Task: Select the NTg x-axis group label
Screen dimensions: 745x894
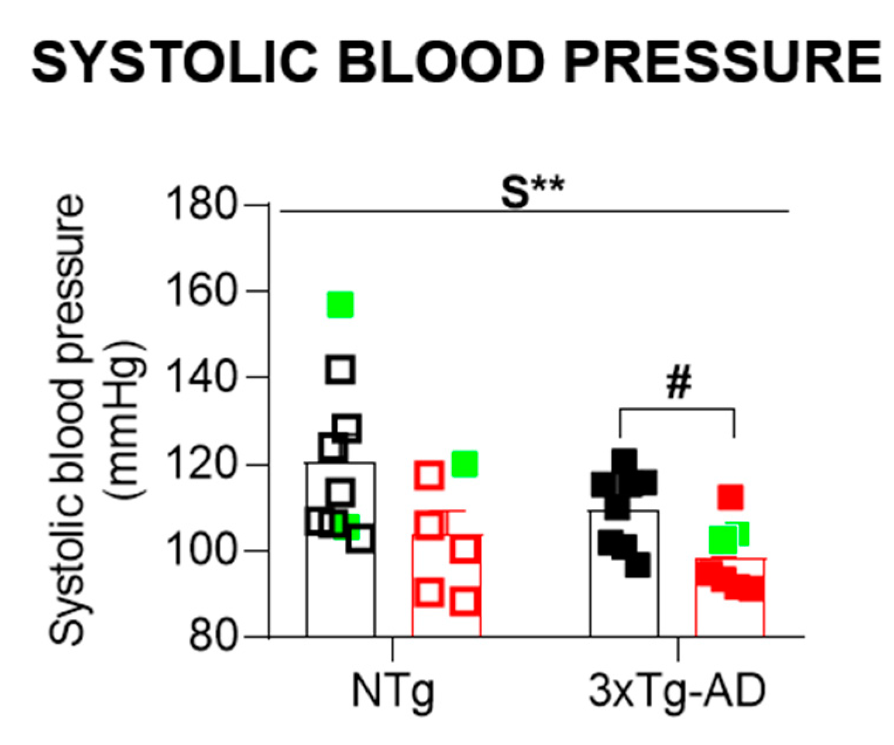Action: pyautogui.click(x=393, y=692)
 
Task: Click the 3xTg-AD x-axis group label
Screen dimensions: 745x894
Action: pyautogui.click(x=678, y=692)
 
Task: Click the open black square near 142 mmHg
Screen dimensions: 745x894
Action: pyautogui.click(x=341, y=369)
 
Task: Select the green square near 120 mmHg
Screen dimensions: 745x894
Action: pyautogui.click(x=465, y=464)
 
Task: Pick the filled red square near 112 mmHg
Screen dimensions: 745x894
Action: pyautogui.click(x=731, y=497)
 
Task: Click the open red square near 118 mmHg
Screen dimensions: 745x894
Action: pyautogui.click(x=429, y=475)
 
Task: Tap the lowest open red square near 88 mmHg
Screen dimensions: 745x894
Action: pyautogui.click(x=465, y=601)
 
